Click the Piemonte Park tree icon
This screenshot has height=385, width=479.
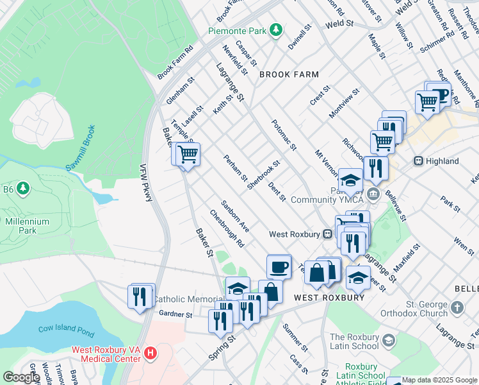tap(276, 30)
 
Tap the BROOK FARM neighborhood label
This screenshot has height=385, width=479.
tap(289, 74)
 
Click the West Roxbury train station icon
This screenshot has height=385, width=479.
tap(327, 234)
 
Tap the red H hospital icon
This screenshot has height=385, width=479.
tap(150, 353)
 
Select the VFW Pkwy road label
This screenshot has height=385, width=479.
tap(146, 185)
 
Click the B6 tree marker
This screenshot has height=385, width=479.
tap(23, 188)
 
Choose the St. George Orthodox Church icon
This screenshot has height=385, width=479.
tap(457, 308)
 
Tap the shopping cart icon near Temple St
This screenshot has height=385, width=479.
tap(188, 154)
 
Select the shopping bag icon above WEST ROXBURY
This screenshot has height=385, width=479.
tap(271, 291)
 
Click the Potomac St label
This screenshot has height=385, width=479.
tap(284, 135)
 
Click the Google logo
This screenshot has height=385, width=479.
tap(21, 377)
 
